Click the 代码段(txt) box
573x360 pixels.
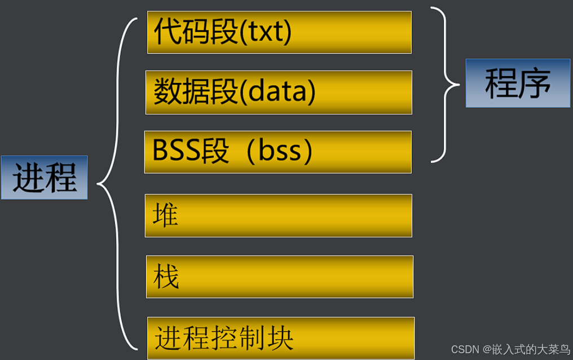tap(279, 32)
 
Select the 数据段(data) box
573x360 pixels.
tap(279, 92)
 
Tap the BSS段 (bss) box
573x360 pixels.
tap(277, 152)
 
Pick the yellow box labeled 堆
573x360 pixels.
tap(278, 216)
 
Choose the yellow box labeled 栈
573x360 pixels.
tap(279, 276)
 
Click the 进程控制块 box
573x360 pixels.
tap(280, 338)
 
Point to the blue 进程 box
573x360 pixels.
tap(44, 177)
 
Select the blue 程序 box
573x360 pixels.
tap(517, 83)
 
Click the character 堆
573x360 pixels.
tap(165, 216)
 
